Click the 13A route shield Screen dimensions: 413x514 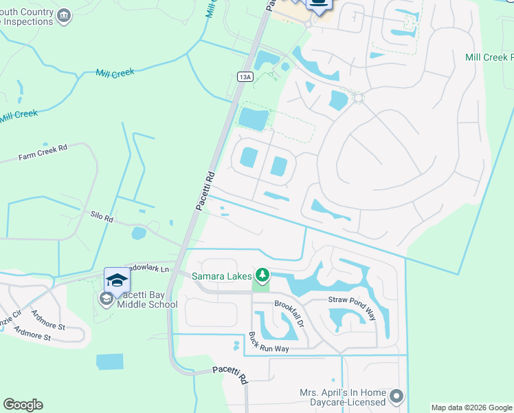pyautogui.click(x=245, y=77)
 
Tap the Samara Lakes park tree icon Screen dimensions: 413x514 pyautogui.click(x=261, y=276)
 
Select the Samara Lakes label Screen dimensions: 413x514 pyautogui.click(x=221, y=277)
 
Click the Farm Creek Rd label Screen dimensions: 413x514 pyautogui.click(x=43, y=152)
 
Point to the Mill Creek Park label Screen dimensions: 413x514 pyautogui.click(x=489, y=57)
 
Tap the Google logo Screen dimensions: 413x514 pyautogui.click(x=23, y=405)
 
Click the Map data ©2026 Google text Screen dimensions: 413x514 pyautogui.click(x=471, y=407)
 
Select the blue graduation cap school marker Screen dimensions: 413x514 pyautogui.click(x=117, y=280)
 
